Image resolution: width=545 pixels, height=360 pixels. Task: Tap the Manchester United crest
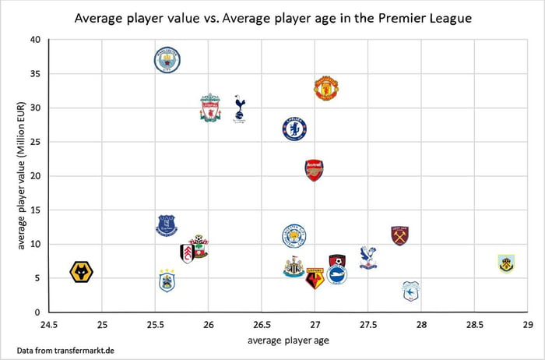coord(325,89)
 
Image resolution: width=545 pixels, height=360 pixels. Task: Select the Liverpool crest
coord(209,108)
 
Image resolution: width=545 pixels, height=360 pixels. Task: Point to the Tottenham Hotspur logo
coord(240,108)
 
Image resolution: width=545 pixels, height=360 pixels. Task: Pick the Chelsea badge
coord(294,129)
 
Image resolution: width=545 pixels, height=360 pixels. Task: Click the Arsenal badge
coord(314,170)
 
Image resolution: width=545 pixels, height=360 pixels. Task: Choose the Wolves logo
coord(82,272)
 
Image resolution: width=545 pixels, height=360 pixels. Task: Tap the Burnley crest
coord(507,263)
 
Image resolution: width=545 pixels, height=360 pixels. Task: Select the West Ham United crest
coord(400,235)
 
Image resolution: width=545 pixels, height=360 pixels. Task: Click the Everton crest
coord(167,226)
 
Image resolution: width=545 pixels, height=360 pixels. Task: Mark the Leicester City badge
coord(294,235)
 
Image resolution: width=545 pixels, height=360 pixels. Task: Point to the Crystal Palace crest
coord(368,257)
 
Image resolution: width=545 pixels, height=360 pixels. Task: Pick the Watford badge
coord(315,277)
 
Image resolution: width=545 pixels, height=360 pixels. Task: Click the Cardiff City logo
coord(410,291)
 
